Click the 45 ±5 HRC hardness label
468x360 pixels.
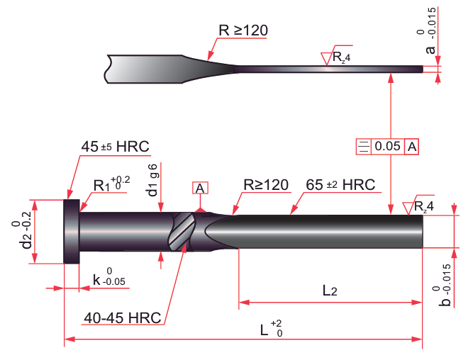(115, 147)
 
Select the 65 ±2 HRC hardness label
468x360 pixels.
(340, 184)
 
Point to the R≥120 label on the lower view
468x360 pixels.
(266, 184)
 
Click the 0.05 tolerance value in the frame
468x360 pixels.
(388, 147)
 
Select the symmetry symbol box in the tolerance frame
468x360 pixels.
(364, 147)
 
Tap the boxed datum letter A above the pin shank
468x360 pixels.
(200, 188)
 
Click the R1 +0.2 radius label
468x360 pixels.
(111, 184)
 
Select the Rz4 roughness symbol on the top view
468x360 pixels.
(336, 57)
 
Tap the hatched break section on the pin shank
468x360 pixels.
(182, 231)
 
